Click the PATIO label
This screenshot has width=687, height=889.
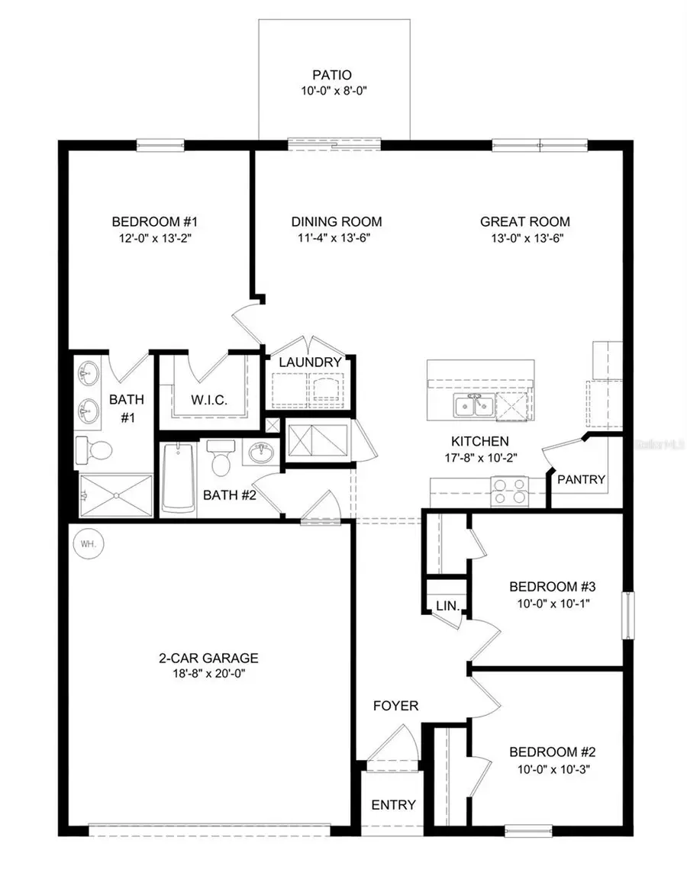tap(331, 76)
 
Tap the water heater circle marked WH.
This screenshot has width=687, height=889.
tap(83, 545)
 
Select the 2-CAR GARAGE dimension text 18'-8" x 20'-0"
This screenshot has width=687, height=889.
tap(208, 674)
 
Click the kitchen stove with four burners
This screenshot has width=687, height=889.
tap(508, 490)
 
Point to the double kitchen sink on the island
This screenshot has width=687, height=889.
tap(473, 406)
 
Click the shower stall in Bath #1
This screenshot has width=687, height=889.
tap(115, 495)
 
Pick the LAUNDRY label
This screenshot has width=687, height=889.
tap(309, 362)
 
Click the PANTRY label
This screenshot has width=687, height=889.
tap(582, 480)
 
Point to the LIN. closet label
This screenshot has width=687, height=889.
tap(447, 607)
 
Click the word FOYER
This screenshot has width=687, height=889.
tap(395, 706)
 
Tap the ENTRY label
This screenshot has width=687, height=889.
tap(394, 804)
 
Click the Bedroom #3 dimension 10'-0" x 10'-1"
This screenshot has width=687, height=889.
tap(552, 603)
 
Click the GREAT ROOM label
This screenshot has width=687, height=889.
tap(525, 222)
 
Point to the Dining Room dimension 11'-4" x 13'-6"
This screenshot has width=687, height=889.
tap(337, 237)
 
